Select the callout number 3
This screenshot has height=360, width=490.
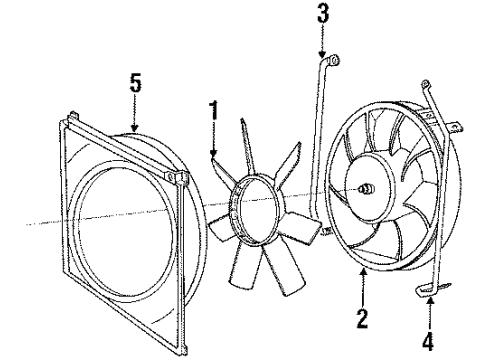pos(322,16)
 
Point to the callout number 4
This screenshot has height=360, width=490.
pos(428,342)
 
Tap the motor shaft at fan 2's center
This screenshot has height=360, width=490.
pos(365,187)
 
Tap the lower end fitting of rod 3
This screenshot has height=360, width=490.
pos(323,233)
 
